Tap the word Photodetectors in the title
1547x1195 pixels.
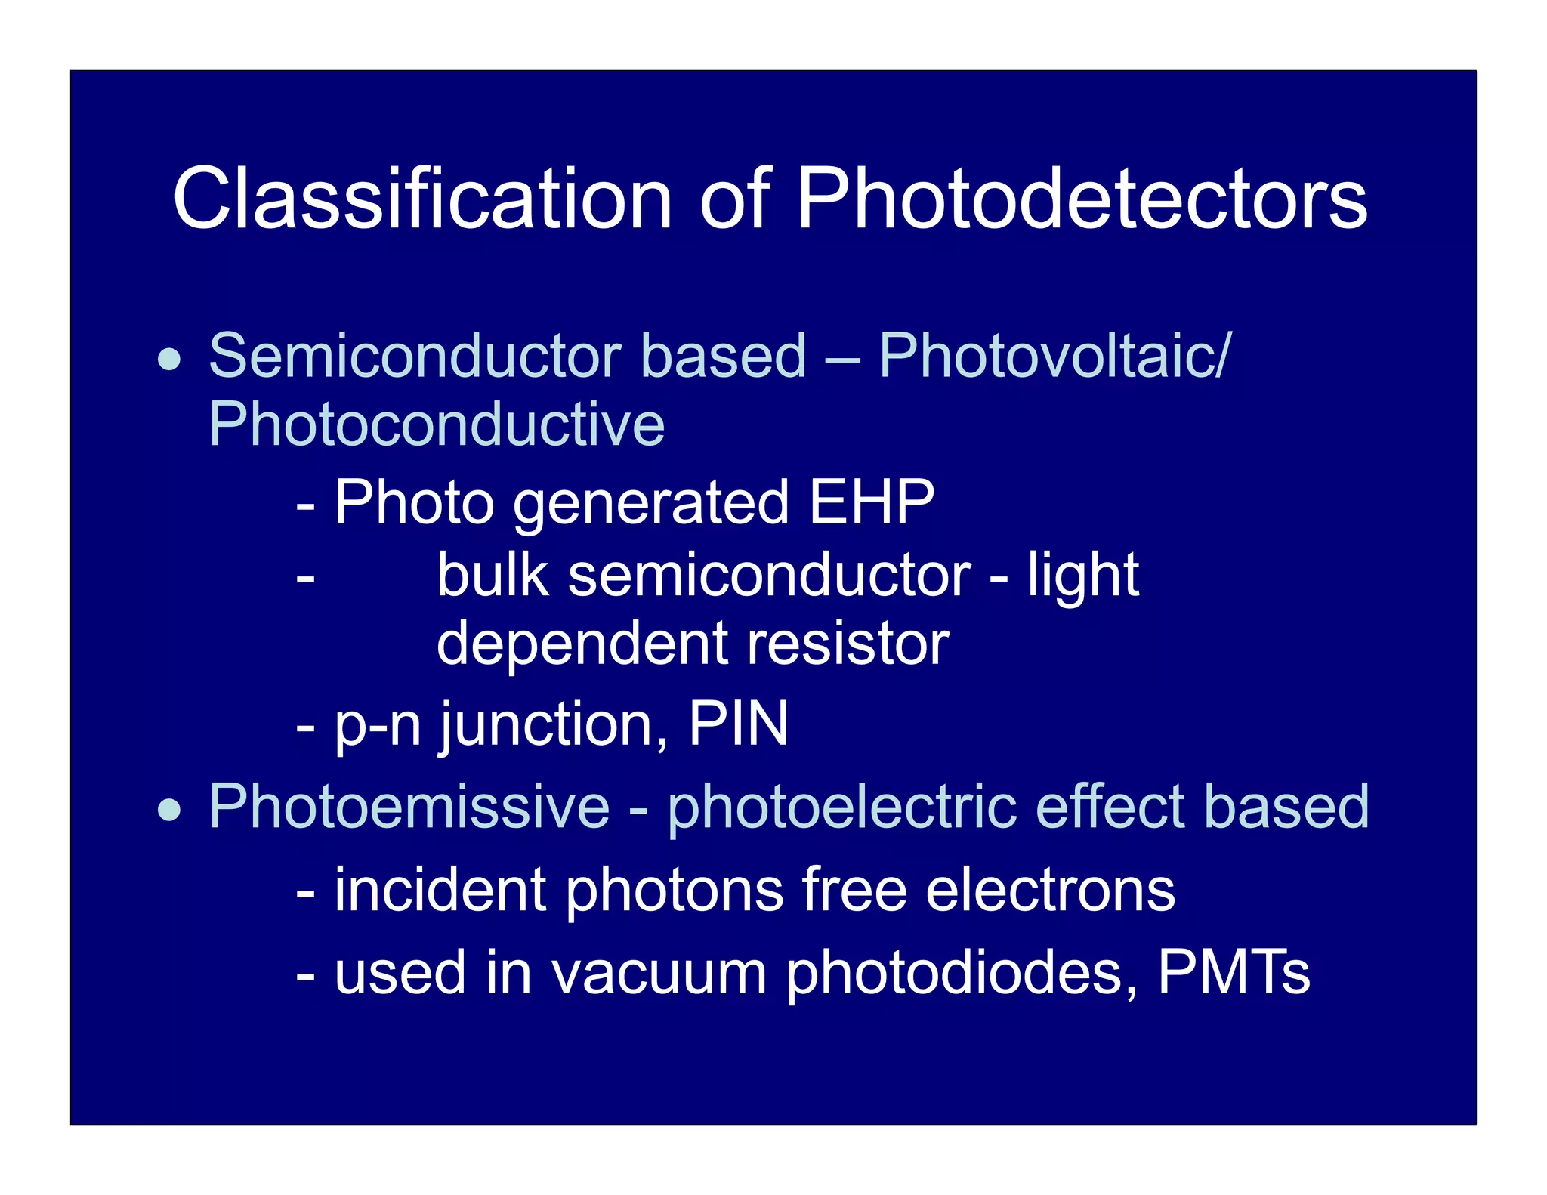click(x=1082, y=199)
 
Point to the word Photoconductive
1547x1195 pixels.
click(x=437, y=425)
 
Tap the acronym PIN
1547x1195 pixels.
click(x=738, y=724)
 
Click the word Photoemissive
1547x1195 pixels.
click(x=409, y=807)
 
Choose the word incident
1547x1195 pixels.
click(x=440, y=890)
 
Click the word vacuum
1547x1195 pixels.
click(x=659, y=973)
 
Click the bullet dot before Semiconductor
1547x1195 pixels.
click(x=169, y=360)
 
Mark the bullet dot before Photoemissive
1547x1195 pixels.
click(x=169, y=811)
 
